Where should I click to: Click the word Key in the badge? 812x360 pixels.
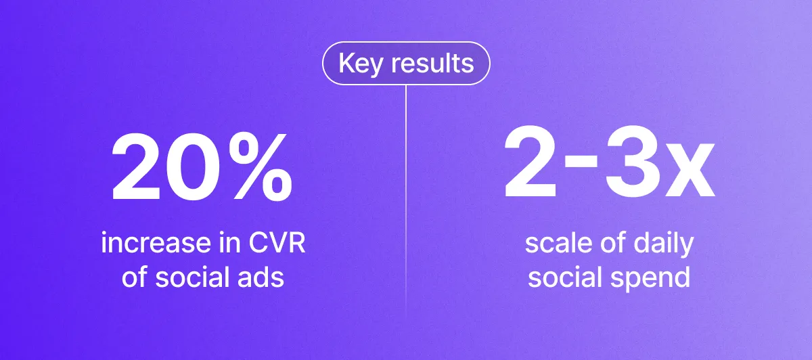tap(360, 64)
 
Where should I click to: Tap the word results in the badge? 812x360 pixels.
tap(432, 63)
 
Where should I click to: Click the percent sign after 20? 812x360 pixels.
tap(260, 166)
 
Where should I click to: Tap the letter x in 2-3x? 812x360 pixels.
tap(690, 170)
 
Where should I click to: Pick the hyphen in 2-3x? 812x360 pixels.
tap(581, 162)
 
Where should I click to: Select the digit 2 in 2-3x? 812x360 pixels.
tap(531, 161)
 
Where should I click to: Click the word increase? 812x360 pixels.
tap(156, 242)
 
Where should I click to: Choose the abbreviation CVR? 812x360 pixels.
tap(277, 242)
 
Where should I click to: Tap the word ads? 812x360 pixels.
tap(261, 277)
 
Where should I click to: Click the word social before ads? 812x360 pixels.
tap(192, 277)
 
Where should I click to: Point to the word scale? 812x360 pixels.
tap(559, 242)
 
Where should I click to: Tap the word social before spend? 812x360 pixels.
tap(565, 277)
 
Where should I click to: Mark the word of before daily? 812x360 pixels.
tap(613, 242)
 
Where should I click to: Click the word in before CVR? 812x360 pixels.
tap(230, 242)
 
